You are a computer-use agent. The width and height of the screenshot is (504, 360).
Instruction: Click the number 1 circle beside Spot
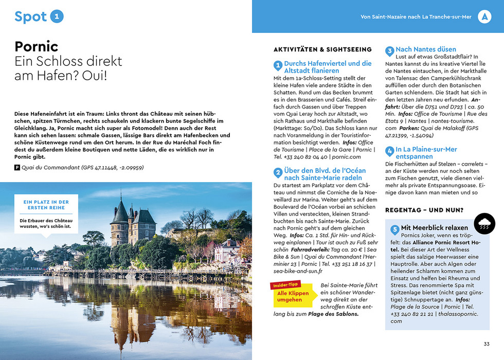(x=58, y=16)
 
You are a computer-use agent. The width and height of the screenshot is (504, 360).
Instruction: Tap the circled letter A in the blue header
(x=484, y=16)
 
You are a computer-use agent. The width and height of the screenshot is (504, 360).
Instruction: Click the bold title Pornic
(x=37, y=46)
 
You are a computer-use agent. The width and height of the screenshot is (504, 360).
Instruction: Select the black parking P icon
(x=17, y=168)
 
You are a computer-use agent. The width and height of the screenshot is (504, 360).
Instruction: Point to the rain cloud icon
(x=484, y=224)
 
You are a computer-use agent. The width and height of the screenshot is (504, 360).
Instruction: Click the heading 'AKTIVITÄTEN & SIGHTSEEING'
(x=322, y=49)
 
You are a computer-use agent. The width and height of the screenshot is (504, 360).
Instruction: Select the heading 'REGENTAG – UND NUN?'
(x=424, y=210)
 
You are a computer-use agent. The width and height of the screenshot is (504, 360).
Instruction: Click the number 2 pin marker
(x=278, y=173)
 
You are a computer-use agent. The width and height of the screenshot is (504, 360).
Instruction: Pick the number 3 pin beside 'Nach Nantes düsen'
(x=390, y=51)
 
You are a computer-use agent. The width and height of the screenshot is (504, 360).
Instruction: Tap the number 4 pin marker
(x=390, y=151)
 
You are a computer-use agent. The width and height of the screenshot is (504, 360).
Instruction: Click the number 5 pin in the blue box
(x=394, y=229)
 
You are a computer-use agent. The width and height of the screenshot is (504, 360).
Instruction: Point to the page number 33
(x=486, y=344)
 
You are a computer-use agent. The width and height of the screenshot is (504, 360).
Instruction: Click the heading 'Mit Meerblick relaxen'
(x=435, y=227)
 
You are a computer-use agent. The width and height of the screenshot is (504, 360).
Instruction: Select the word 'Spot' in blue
(x=31, y=16)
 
